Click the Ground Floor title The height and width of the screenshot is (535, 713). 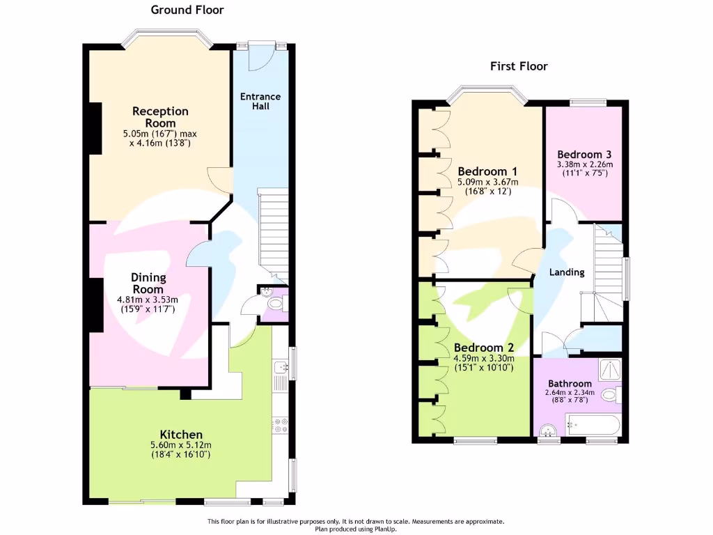click(x=187, y=10)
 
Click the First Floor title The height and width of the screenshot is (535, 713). click(x=519, y=66)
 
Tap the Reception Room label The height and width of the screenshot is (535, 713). click(x=160, y=117)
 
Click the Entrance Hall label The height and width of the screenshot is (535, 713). click(x=260, y=101)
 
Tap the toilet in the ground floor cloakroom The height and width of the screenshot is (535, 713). click(x=276, y=303)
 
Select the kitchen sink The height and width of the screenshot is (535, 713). click(x=281, y=368)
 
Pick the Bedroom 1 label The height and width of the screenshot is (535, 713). click(x=487, y=171)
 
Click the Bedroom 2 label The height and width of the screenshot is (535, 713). click(x=483, y=348)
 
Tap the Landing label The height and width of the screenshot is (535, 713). click(x=567, y=272)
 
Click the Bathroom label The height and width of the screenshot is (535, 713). click(x=569, y=383)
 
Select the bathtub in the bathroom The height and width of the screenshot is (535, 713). click(x=591, y=423)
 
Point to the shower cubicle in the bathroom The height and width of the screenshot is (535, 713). click(x=609, y=369)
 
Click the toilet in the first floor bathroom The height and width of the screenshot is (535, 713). click(x=611, y=396)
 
